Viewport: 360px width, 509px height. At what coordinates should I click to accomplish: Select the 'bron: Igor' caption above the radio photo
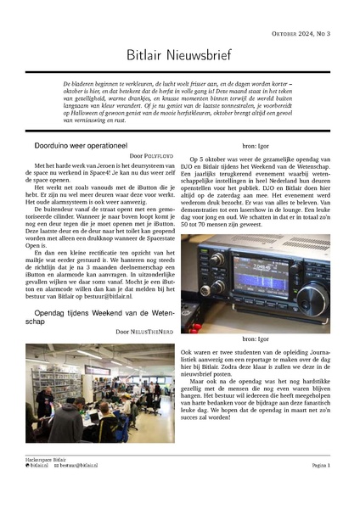coord(263,146)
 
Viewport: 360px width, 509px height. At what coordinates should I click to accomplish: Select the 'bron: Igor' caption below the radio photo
coord(263,339)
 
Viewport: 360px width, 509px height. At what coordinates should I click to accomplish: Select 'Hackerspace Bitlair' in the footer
coord(47,459)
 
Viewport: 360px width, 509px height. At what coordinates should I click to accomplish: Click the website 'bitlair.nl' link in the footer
coord(39,466)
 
